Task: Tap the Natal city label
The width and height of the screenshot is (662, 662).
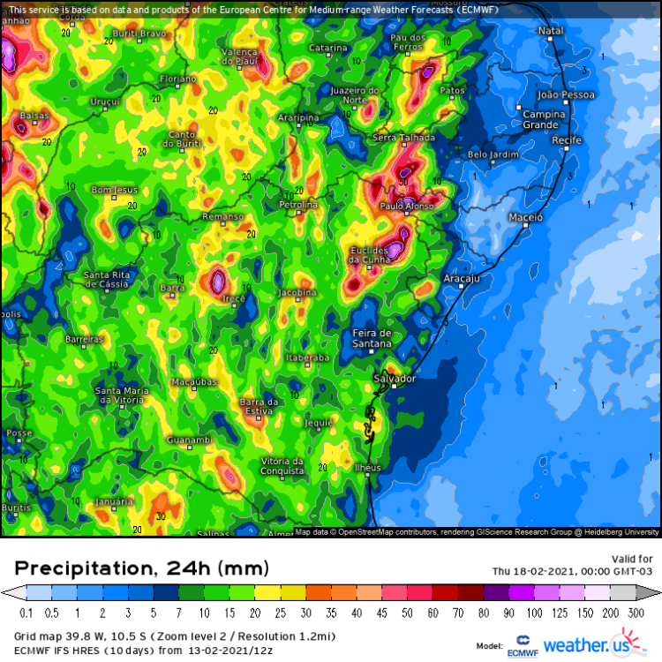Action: pyautogui.click(x=551, y=31)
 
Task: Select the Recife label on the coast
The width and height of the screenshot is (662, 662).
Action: pyautogui.click(x=566, y=140)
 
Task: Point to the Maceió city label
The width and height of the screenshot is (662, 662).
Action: pyautogui.click(x=526, y=216)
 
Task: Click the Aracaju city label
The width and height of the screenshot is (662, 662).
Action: pyautogui.click(x=460, y=278)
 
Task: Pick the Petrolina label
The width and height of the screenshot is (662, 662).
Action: pyautogui.click(x=297, y=205)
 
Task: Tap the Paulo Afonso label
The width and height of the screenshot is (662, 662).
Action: pyautogui.click(x=405, y=206)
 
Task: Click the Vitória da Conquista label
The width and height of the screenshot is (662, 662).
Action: pyautogui.click(x=282, y=465)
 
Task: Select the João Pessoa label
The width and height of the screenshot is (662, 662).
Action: pyautogui.click(x=566, y=94)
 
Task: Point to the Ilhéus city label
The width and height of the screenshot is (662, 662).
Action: pyautogui.click(x=367, y=467)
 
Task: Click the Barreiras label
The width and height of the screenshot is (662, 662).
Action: pyautogui.click(x=85, y=339)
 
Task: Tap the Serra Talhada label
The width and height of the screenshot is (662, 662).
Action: pyautogui.click(x=405, y=138)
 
